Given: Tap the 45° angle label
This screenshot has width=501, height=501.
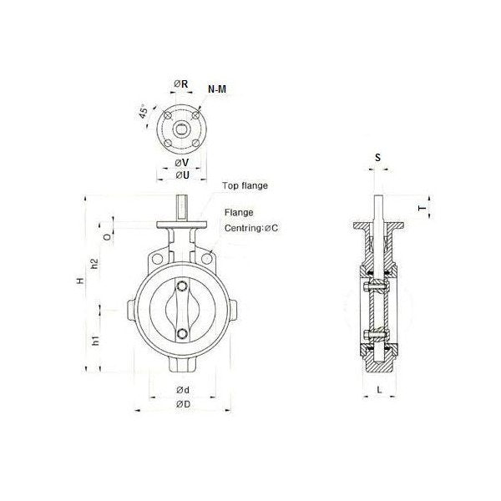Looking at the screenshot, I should click(146, 113).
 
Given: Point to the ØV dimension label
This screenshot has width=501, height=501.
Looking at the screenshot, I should click(181, 162).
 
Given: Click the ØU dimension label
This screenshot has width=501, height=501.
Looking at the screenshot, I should click(181, 175).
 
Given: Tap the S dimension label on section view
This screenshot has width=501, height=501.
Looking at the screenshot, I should click(377, 157).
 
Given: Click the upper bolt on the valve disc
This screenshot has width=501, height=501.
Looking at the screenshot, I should click(183, 289).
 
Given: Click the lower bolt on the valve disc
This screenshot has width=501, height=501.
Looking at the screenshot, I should click(183, 336).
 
